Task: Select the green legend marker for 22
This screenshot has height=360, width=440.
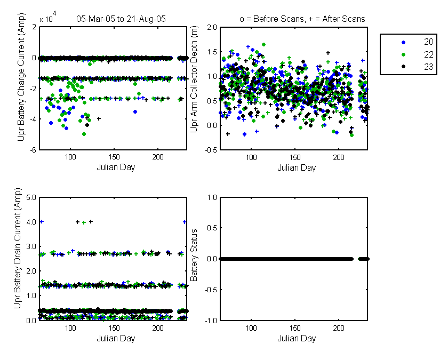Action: (x=404, y=54)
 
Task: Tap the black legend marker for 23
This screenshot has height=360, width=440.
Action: (x=404, y=67)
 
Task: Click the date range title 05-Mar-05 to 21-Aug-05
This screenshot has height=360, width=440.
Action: (x=121, y=19)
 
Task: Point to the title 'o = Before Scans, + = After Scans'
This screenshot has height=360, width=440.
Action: (x=302, y=19)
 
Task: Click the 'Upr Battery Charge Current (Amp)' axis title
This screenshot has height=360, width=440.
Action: (x=21, y=77)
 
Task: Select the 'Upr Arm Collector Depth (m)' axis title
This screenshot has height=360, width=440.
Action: (x=194, y=79)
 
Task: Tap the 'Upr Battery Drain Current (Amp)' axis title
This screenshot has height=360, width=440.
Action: (x=18, y=248)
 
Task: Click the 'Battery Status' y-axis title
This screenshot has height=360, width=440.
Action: (x=194, y=255)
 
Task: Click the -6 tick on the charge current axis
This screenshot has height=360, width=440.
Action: (x=33, y=150)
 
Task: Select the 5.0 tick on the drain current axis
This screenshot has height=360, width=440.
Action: (x=31, y=197)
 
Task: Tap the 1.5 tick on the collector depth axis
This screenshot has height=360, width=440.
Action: (x=212, y=52)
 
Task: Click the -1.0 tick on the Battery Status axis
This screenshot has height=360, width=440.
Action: (x=211, y=321)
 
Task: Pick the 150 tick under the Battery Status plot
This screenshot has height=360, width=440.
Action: (x=295, y=328)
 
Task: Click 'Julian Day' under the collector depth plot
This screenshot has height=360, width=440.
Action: (x=297, y=168)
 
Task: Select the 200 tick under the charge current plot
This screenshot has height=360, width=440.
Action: (x=158, y=157)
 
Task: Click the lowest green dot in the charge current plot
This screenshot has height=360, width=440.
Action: (x=84, y=134)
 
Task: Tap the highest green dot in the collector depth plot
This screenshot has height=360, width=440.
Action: (x=264, y=45)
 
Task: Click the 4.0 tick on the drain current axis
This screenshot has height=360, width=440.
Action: (x=31, y=222)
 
